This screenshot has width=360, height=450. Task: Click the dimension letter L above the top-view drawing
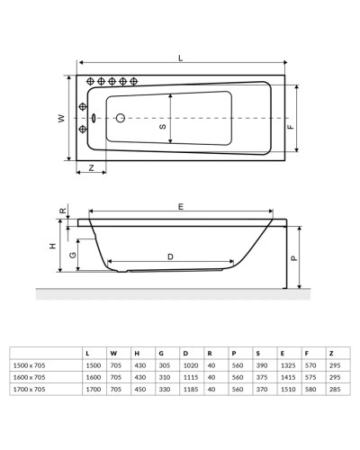(x=181, y=58)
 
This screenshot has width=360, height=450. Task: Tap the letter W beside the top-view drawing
(x=61, y=119)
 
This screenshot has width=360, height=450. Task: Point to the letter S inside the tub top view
(x=163, y=127)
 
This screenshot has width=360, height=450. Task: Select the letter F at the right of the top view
(x=290, y=127)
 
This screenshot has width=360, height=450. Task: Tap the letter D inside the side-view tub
(x=170, y=257)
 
